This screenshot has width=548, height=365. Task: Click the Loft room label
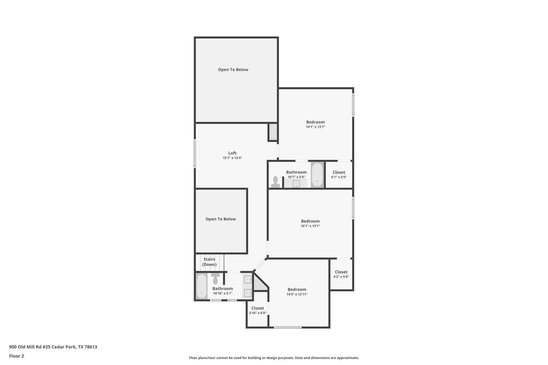(x=232, y=153)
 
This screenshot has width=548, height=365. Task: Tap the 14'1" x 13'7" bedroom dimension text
(x=315, y=127)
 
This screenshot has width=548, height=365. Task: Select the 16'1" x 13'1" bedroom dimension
(x=310, y=226)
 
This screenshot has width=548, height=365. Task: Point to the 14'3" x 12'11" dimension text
(x=297, y=294)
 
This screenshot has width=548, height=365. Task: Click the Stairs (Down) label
(x=209, y=262)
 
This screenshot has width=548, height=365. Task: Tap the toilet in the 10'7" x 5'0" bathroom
(x=275, y=182)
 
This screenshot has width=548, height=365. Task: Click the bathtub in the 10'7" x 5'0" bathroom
(x=317, y=175)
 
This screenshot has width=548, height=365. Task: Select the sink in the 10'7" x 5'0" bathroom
(x=296, y=184)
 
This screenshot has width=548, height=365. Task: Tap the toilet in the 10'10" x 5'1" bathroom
(x=215, y=279)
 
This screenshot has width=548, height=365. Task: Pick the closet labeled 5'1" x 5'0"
(x=339, y=175)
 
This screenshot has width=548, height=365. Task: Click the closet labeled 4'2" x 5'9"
(x=341, y=274)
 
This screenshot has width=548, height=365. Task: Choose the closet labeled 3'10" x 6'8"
(x=257, y=310)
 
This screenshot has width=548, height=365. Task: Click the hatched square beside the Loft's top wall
(x=273, y=132)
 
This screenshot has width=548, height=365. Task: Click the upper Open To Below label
(x=233, y=70)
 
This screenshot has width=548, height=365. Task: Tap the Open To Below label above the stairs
(x=220, y=219)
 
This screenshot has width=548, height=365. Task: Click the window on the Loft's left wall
(x=195, y=153)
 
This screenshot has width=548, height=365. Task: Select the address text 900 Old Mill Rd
(x=53, y=347)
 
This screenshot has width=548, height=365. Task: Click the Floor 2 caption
(x=17, y=356)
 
